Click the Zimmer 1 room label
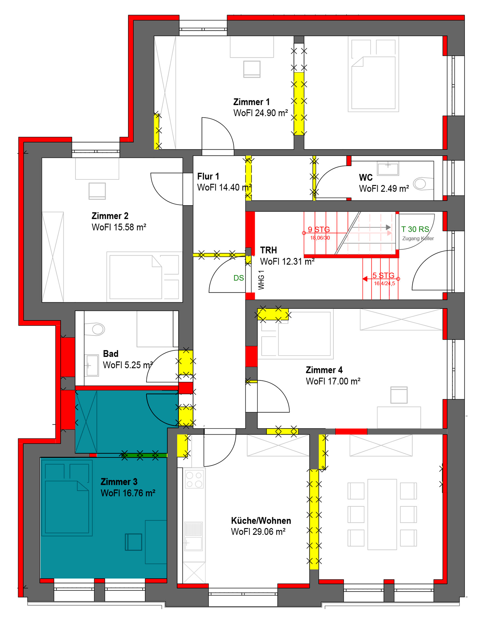(251, 102)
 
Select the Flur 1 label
(208, 176)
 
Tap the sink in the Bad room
(92, 365)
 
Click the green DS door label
(238, 278)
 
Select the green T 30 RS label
(415, 229)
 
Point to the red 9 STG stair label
(319, 229)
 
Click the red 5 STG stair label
(383, 275)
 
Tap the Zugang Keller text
(418, 238)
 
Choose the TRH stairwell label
(268, 250)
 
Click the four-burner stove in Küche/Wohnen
(194, 479)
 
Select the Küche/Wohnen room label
(261, 520)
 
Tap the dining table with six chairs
(382, 514)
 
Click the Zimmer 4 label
(324, 370)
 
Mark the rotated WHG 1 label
(261, 280)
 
